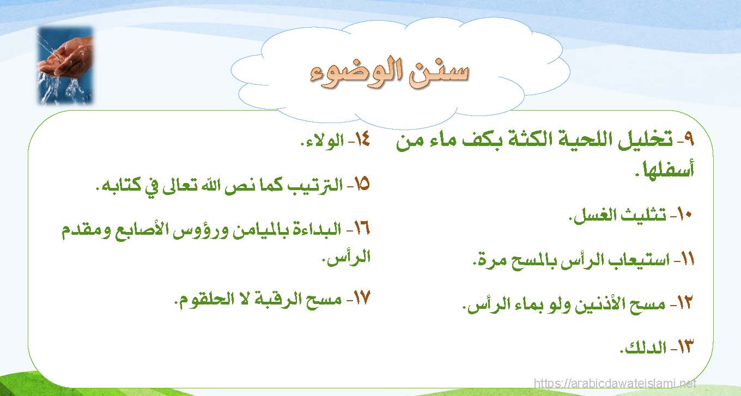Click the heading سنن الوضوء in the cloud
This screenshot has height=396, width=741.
(390, 74)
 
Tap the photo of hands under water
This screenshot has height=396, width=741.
(65, 65)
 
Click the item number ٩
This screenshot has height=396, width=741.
(688, 139)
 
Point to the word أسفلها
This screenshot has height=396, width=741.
(668, 169)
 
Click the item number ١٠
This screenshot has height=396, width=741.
(684, 215)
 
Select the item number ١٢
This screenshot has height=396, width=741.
(684, 302)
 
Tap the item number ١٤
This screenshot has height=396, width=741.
(362, 139)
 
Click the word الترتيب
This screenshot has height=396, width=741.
(314, 185)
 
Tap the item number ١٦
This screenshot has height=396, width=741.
(362, 228)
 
